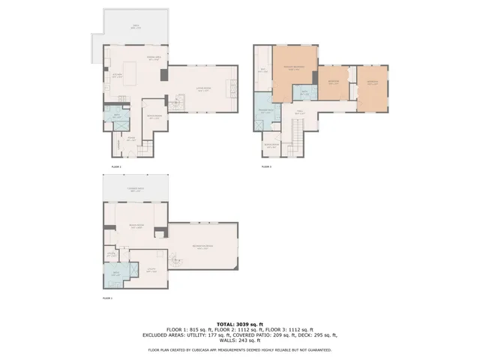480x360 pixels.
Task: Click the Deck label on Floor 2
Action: click(x=136, y=26)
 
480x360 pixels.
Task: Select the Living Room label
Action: click(x=202, y=88)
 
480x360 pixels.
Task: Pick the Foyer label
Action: click(x=130, y=139)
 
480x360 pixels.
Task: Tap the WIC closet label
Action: click(x=263, y=71)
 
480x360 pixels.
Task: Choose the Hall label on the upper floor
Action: click(x=298, y=112)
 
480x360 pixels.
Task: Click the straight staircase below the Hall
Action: click(x=297, y=139)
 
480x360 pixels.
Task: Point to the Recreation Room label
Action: click(x=202, y=247)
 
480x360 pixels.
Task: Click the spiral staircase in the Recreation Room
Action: click(x=172, y=260)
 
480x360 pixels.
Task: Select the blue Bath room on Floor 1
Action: click(x=115, y=274)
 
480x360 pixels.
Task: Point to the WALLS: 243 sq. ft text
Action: click(x=238, y=341)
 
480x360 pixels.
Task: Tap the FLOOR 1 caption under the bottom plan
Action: click(x=106, y=298)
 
